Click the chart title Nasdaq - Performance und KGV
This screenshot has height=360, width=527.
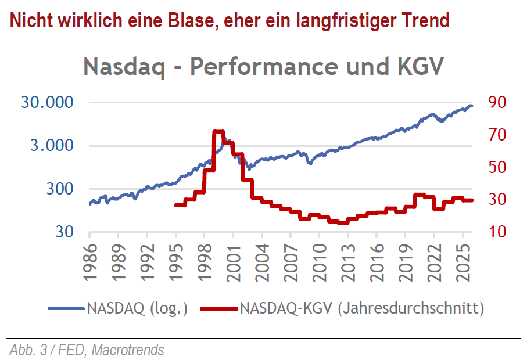264,66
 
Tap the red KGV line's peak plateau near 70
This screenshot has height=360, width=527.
219,132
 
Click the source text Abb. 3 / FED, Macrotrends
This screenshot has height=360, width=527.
87,350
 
